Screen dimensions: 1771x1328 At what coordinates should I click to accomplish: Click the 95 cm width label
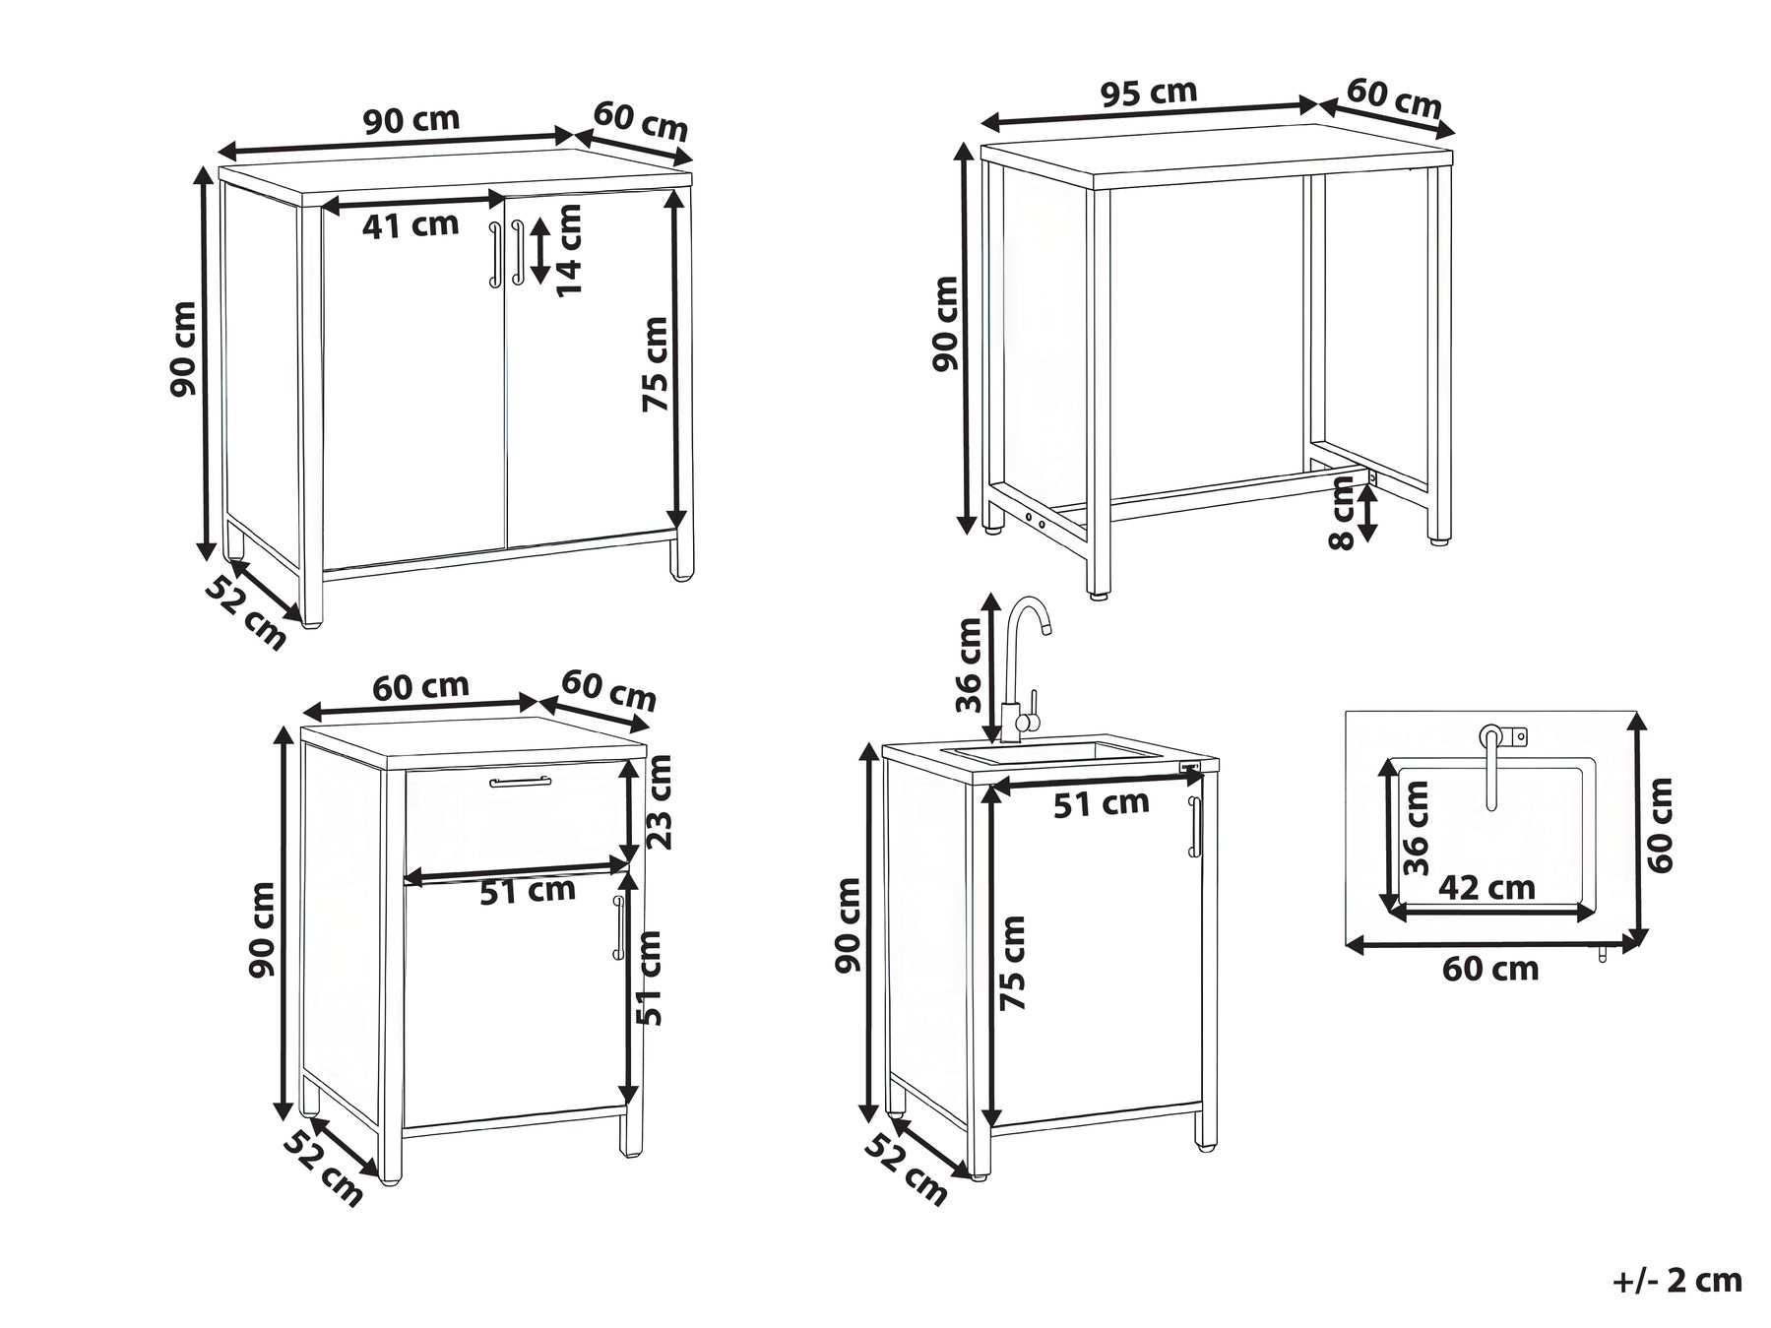coord(1148,93)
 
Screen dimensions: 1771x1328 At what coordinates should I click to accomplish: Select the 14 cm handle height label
coord(569,249)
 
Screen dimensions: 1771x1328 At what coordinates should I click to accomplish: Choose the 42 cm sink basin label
coord(1486,887)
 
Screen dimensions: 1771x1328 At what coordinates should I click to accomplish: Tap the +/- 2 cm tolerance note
coord(1678,1280)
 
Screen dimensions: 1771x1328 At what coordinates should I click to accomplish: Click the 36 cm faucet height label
coord(969,664)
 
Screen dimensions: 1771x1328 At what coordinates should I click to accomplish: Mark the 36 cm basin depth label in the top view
coord(1416,829)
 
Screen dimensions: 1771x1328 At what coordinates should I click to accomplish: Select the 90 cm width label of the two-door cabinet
coord(411,120)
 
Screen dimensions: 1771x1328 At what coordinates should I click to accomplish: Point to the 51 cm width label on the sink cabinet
coord(1102,803)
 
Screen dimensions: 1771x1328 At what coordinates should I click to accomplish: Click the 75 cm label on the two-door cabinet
coord(656,364)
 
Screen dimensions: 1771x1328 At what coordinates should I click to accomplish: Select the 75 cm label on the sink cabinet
coord(1012,963)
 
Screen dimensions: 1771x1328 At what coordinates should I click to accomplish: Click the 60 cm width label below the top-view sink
coord(1490,969)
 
